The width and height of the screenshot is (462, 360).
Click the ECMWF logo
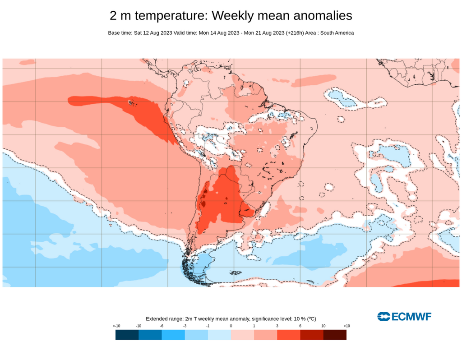(x=404, y=317)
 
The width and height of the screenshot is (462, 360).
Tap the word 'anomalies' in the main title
(x=323, y=16)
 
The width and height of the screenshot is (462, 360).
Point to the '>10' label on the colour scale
(x=346, y=326)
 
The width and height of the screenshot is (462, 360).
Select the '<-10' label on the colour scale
(x=116, y=326)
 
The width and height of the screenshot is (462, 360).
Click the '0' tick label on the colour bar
(x=231, y=326)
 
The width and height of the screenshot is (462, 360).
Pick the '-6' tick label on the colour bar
(x=162, y=326)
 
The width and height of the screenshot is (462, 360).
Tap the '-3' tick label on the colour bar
(x=185, y=326)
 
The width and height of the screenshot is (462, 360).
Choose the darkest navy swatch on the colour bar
(x=127, y=335)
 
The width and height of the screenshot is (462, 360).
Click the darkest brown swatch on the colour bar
(x=335, y=335)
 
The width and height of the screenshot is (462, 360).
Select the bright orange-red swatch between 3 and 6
(x=288, y=335)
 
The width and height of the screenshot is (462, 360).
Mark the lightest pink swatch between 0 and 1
(x=242, y=335)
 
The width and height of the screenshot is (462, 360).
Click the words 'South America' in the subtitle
(x=337, y=33)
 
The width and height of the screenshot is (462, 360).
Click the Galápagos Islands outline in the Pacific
(x=132, y=103)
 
